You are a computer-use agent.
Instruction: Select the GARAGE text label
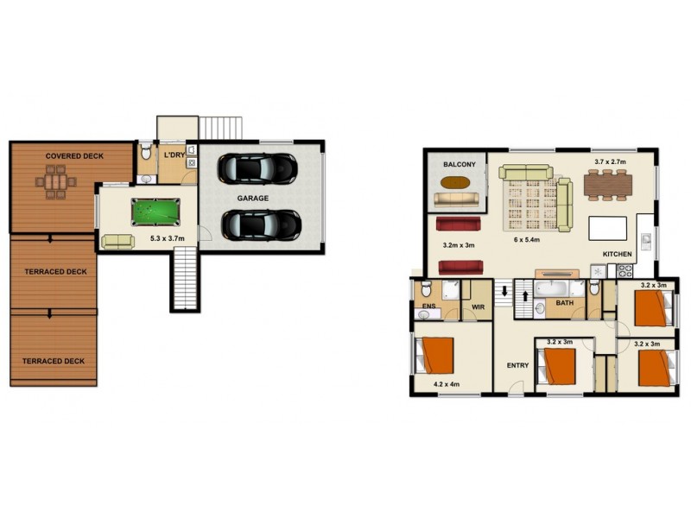(253, 198)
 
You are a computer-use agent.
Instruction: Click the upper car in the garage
(257, 167)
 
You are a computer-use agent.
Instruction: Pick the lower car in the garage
(260, 224)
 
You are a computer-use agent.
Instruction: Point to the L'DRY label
(174, 155)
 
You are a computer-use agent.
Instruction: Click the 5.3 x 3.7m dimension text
(168, 237)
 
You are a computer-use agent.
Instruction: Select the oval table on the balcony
(458, 182)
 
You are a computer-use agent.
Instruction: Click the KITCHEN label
(618, 254)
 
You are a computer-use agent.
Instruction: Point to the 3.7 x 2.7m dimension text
(610, 161)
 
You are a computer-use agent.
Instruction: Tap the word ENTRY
(517, 365)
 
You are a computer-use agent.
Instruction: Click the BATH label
(565, 303)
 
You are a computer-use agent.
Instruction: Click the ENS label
(428, 306)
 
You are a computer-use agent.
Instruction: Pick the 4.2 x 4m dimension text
(446, 383)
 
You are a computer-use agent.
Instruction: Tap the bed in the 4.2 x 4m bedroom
(435, 354)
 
